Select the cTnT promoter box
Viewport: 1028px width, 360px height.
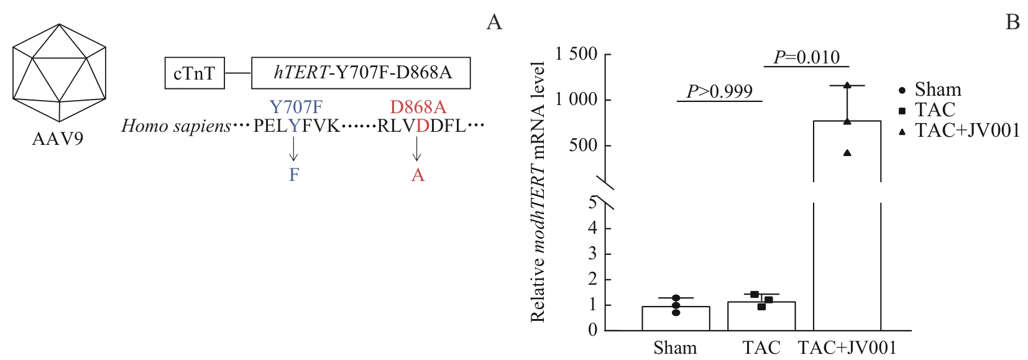coord(194,73)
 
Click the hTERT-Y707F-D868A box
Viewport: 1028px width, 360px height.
coord(360,73)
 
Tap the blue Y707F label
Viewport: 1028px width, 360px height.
coord(296,107)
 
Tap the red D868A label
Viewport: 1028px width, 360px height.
coord(418,107)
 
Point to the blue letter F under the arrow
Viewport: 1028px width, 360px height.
coord(294,175)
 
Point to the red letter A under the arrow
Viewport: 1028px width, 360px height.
coord(418,175)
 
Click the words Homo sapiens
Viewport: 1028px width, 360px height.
coord(176,126)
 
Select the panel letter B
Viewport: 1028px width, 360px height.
coord(1012,22)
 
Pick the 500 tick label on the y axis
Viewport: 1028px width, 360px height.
coord(584,145)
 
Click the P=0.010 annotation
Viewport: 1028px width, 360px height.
coord(806,57)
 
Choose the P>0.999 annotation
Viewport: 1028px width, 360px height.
coord(719,91)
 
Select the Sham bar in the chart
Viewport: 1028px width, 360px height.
coord(676,318)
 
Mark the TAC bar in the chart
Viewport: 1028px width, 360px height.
coord(761,315)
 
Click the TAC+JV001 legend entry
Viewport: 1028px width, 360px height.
coord(960,130)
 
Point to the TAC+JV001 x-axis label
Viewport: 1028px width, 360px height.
coord(847,348)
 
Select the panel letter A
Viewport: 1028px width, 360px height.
coord(494,22)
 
